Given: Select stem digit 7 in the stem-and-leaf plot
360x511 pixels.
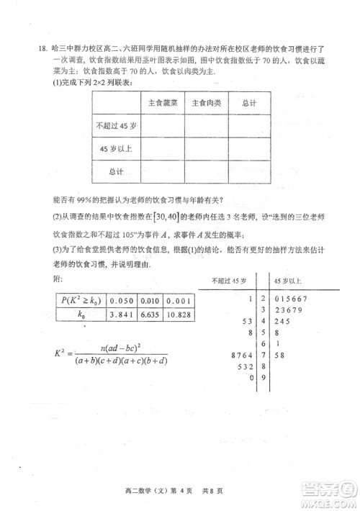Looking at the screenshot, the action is [x=265, y=354].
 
